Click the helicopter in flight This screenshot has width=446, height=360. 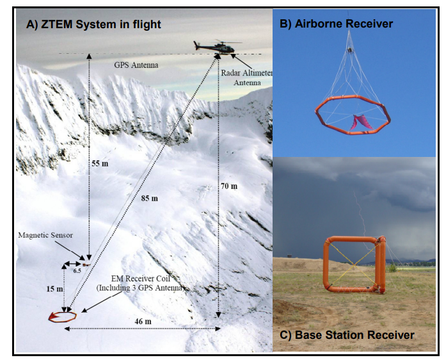point(218,46)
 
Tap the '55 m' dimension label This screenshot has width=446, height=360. point(100,163)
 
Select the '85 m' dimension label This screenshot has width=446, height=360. point(149,198)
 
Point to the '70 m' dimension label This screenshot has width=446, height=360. point(229,186)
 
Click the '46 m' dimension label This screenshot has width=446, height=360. point(143,322)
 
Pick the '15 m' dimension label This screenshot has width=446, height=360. point(54,289)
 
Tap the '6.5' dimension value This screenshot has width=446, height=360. point(77,270)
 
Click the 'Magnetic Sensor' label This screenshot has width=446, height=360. point(45,235)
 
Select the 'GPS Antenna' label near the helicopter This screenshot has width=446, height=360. point(136,65)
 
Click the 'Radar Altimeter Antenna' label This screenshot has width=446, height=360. point(247,78)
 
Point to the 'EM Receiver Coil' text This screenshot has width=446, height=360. point(141,279)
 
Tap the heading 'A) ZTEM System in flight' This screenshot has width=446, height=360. point(93,24)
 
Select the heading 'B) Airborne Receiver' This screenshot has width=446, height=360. point(336,24)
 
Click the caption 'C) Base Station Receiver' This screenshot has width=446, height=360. point(347,335)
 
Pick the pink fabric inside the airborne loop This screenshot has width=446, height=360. point(362,122)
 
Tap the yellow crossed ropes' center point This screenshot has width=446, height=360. point(354,265)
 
